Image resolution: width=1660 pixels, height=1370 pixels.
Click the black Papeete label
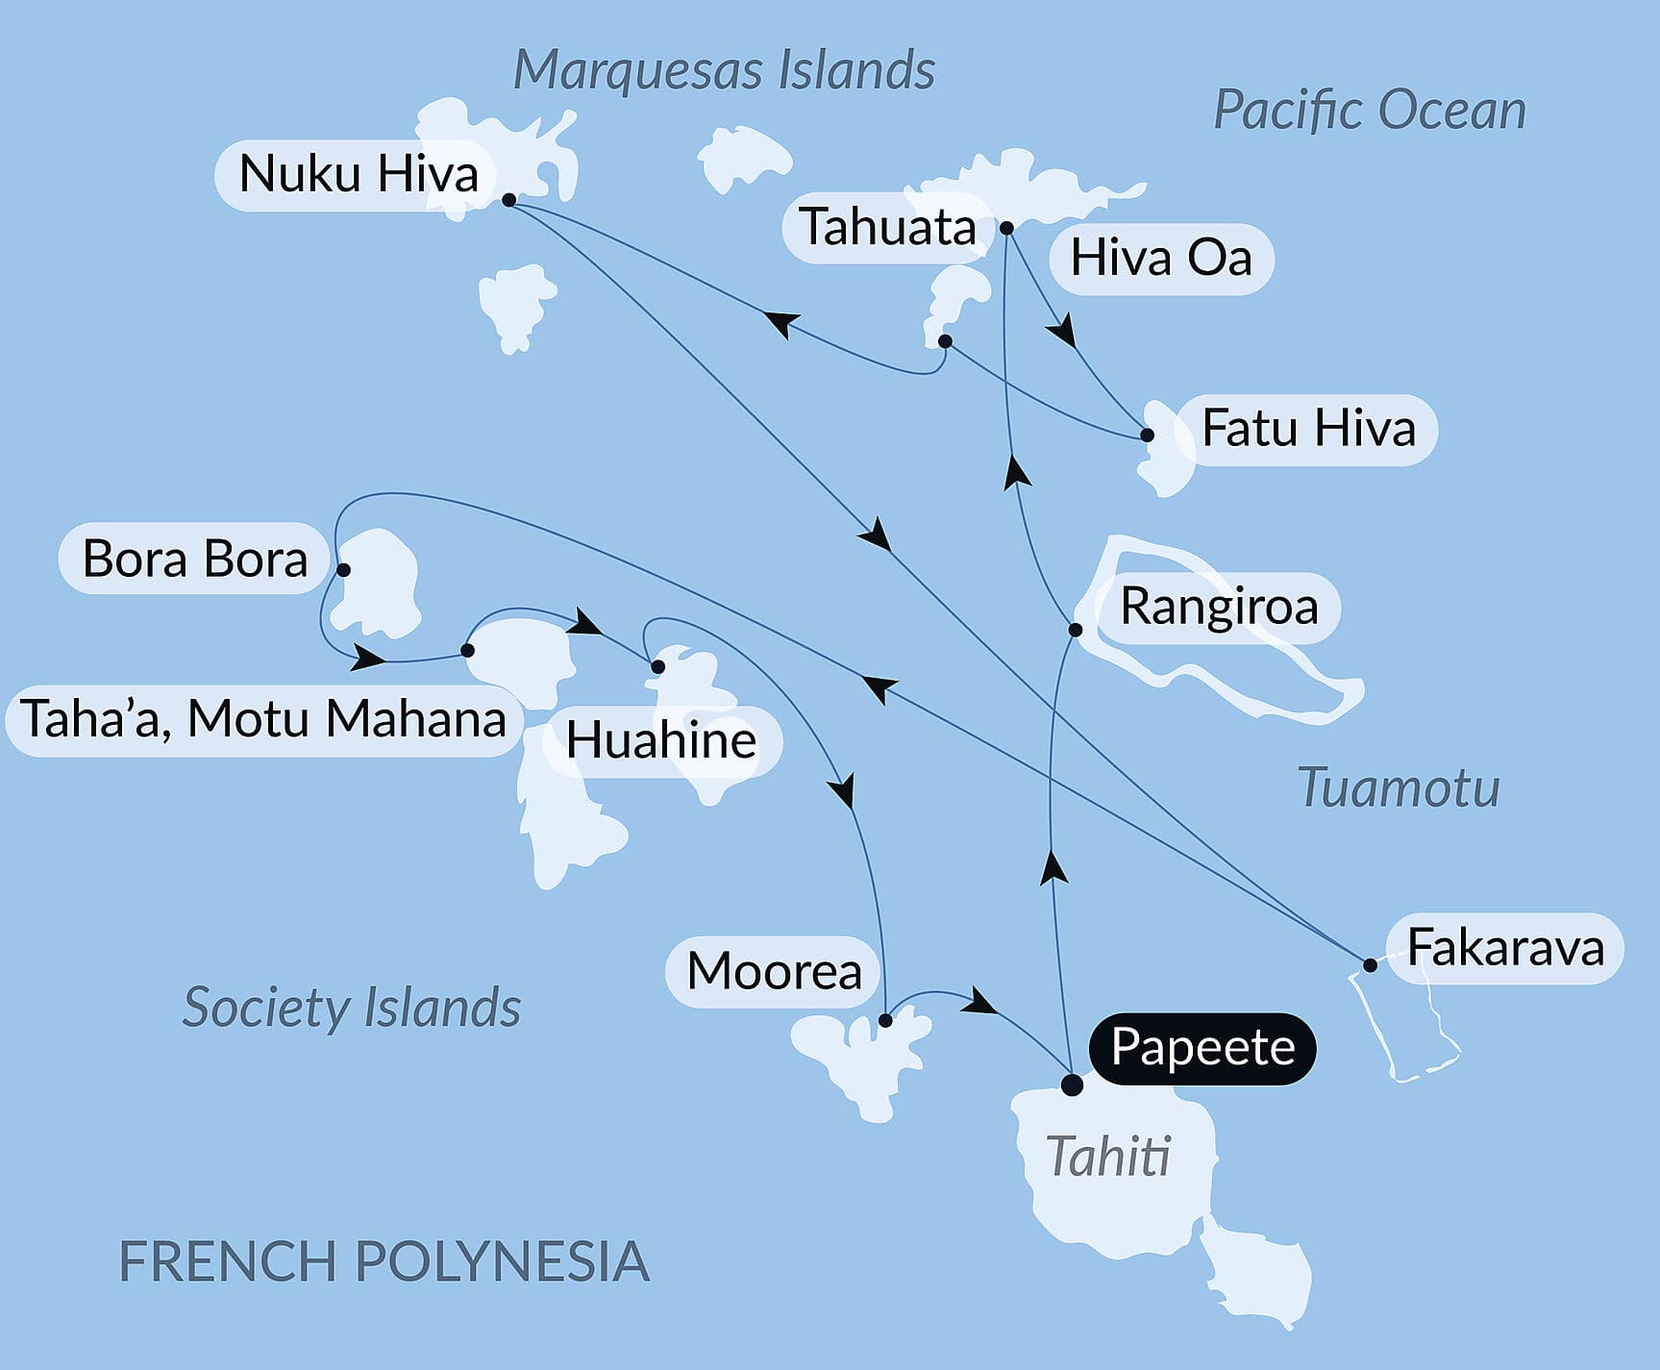click(1202, 1048)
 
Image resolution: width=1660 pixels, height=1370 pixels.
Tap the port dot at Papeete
click(1072, 1085)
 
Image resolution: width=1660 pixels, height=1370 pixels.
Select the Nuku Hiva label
click(358, 174)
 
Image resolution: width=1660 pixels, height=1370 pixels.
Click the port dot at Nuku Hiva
click(509, 200)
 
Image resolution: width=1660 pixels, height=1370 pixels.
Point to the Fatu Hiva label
click(1308, 429)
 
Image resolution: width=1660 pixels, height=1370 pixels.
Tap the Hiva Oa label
click(1161, 258)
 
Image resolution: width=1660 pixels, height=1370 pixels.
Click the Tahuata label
click(887, 228)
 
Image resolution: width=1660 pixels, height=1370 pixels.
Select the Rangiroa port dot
click(1076, 630)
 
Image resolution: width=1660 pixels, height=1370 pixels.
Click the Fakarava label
click(1505, 948)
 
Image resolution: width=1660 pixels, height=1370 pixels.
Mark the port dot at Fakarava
click(1370, 964)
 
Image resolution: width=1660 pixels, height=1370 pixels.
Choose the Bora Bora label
click(195, 559)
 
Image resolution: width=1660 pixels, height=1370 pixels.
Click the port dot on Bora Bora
click(343, 569)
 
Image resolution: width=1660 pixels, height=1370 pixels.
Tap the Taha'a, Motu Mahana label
click(263, 719)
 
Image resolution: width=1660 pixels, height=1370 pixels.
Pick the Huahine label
click(661, 740)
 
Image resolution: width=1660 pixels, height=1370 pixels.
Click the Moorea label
click(774, 971)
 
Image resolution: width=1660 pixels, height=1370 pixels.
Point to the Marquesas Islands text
click(724, 70)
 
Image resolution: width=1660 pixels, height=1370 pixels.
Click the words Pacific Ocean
click(1370, 111)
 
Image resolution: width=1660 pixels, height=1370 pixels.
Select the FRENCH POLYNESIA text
click(384, 1261)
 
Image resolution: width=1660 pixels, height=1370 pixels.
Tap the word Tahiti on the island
click(1108, 1156)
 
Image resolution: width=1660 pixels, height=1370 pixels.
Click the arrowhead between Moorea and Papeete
click(980, 1002)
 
